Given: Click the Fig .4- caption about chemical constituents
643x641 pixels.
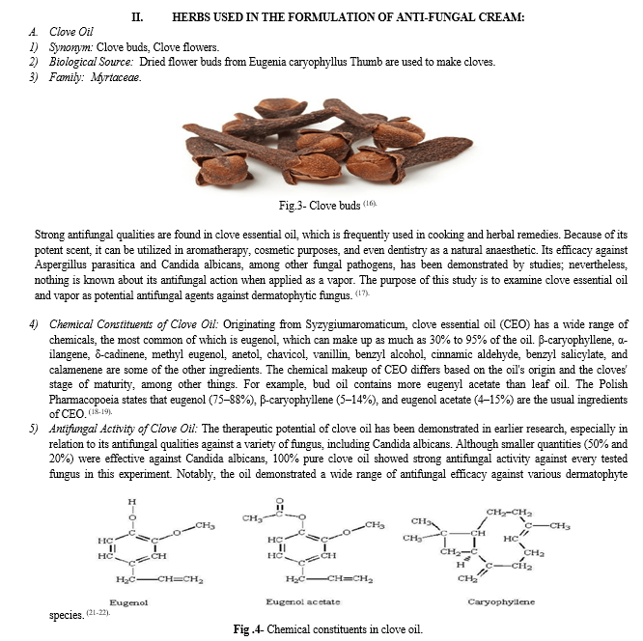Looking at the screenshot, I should (x=327, y=628).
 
